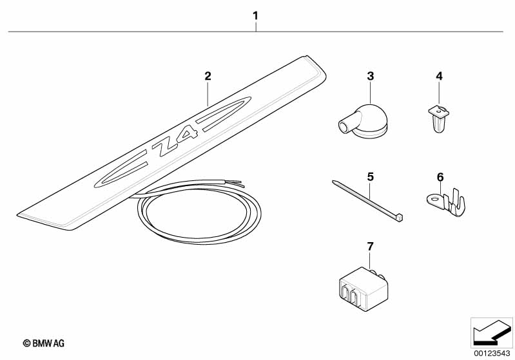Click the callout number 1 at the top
pyautogui.click(x=256, y=15)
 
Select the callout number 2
pyautogui.click(x=208, y=76)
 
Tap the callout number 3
pyautogui.click(x=370, y=76)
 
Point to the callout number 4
pyautogui.click(x=440, y=76)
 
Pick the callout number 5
pyautogui.click(x=370, y=176)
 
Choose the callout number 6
pyautogui.click(x=440, y=176)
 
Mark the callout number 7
pyautogui.click(x=370, y=246)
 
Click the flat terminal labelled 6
pyautogui.click(x=444, y=200)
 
